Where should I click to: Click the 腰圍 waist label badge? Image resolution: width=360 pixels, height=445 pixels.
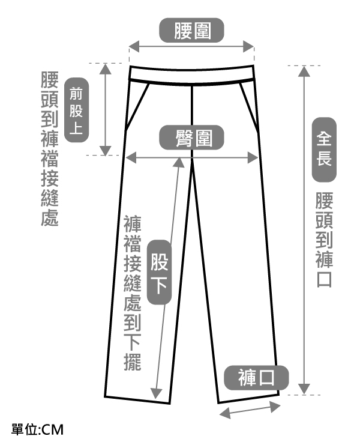coord(192,31)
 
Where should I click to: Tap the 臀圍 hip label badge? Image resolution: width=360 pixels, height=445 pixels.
coord(192,138)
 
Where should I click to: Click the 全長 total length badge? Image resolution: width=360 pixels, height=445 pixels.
coord(324,150)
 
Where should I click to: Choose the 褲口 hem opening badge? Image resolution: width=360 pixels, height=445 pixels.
coord(256,378)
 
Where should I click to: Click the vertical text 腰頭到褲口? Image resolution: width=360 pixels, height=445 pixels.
coord(324,240)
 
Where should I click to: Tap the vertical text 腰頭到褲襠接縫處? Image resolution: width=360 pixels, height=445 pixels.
coord(49,150)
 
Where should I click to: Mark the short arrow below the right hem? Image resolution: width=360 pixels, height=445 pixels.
coord(250,410)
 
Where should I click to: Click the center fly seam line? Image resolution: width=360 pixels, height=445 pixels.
coord(190,114)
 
